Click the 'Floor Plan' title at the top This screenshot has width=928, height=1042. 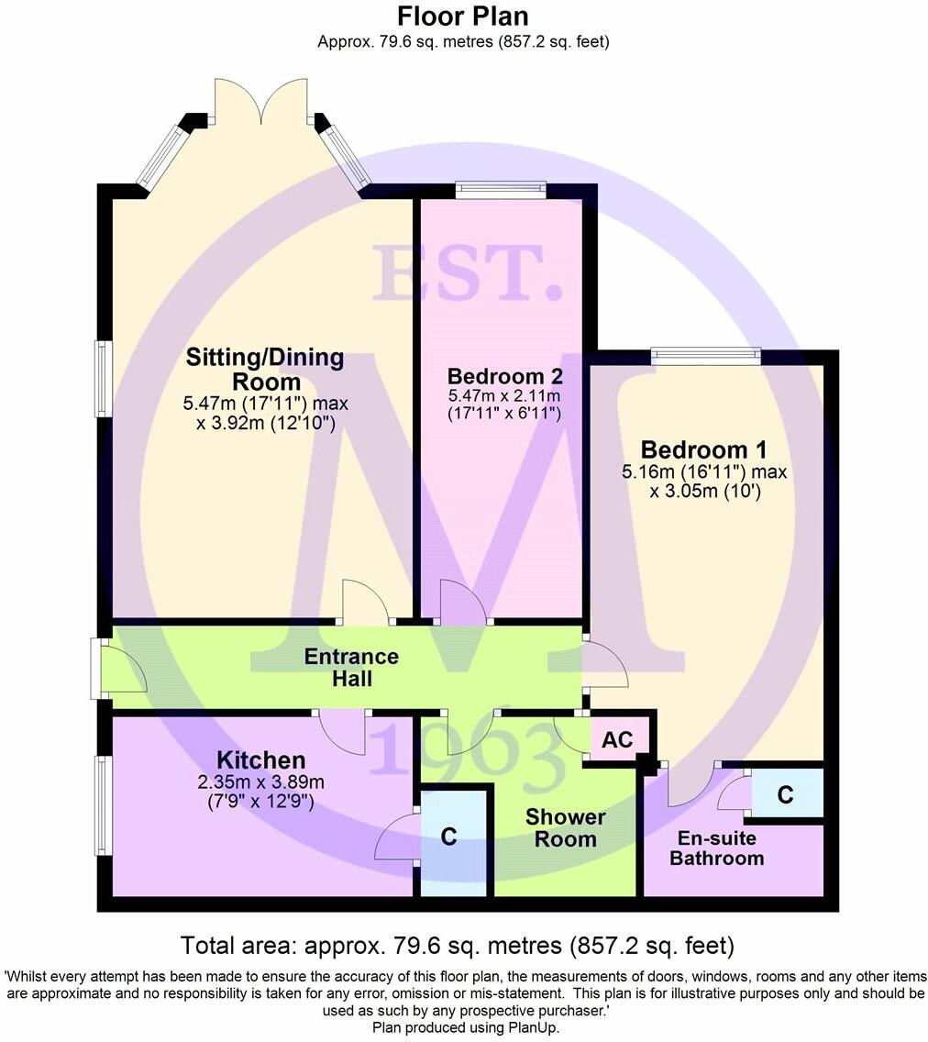click(x=463, y=17)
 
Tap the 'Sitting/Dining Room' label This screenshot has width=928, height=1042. click(x=265, y=369)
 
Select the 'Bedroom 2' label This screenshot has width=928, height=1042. click(x=504, y=376)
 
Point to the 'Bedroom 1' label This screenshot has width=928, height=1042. click(x=703, y=450)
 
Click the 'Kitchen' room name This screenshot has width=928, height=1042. click(x=260, y=760)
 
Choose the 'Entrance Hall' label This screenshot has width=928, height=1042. click(x=351, y=668)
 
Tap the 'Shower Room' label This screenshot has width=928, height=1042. click(x=565, y=827)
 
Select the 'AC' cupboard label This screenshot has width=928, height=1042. click(x=618, y=739)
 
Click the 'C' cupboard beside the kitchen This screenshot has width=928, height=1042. click(x=448, y=837)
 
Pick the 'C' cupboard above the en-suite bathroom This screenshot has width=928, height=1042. click(x=785, y=795)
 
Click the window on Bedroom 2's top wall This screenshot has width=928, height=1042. click(x=501, y=191)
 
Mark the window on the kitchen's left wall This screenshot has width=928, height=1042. click(x=104, y=804)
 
